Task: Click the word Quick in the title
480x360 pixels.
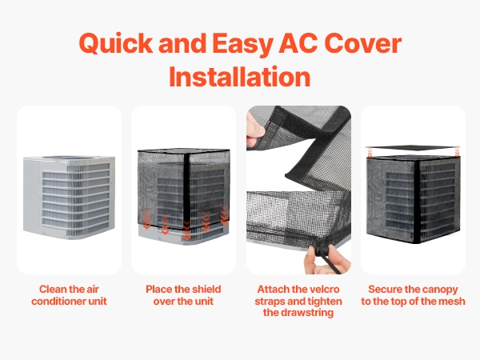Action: click(116, 43)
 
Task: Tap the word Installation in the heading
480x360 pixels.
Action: click(240, 77)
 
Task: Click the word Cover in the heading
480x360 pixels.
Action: click(362, 43)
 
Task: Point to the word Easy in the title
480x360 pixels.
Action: click(242, 44)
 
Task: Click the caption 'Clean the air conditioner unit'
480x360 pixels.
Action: click(69, 295)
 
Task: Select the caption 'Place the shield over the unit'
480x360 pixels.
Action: click(183, 295)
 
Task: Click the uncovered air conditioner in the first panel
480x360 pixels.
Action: click(69, 198)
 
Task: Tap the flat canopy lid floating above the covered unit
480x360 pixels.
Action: click(413, 148)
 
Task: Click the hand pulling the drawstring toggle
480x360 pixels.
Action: click(326, 260)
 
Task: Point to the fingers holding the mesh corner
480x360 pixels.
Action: click(254, 129)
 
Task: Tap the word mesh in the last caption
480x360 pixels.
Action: click(452, 302)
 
